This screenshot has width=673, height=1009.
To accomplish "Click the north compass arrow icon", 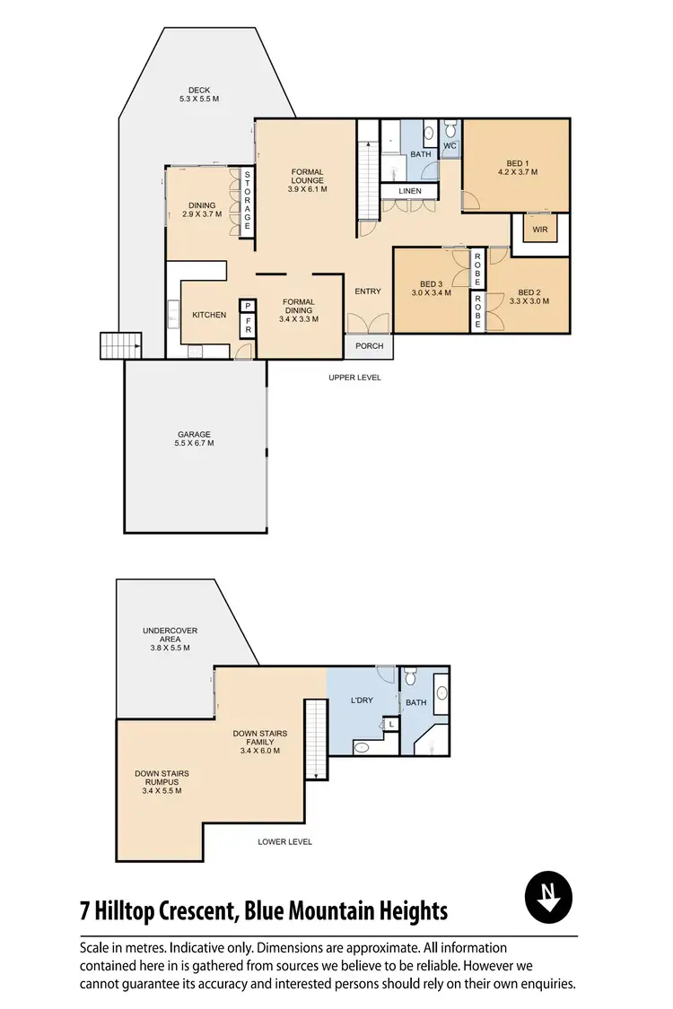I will tap(548, 897).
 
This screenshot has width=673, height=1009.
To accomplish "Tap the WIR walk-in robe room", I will tap(540, 229).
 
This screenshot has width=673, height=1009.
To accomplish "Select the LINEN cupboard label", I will tap(408, 191).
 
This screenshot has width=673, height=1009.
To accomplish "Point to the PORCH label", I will tap(369, 346).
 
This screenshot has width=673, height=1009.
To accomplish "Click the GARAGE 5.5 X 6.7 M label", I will tap(194, 439).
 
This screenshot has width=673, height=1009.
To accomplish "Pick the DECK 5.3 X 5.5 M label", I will tap(199, 94).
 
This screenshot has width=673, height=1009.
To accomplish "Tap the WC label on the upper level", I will tap(450, 145).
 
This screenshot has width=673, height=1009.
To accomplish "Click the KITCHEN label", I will tap(209, 315).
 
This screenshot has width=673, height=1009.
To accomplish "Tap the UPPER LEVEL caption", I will tap(354, 378).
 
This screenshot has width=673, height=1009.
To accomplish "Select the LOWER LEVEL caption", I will tap(284, 842).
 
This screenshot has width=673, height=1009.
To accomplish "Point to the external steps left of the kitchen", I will tap(121, 345).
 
